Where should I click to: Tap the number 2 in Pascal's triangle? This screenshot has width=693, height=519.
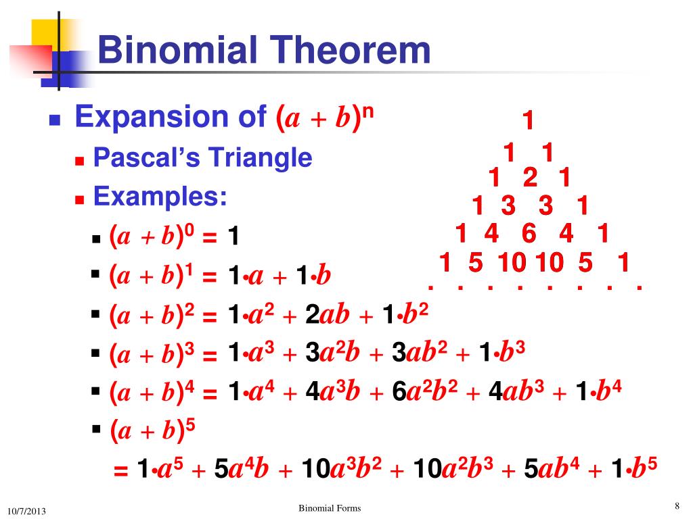coord(530,178)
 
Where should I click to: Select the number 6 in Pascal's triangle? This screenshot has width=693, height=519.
coord(529,234)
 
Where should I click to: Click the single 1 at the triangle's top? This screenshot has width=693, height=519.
coord(528,122)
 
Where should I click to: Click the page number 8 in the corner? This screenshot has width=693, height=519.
coord(676,506)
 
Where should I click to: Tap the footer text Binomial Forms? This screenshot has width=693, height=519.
coord(330,508)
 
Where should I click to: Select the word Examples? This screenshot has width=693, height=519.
coord(160,197)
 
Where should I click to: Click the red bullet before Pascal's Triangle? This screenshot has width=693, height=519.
coord(79,161)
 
